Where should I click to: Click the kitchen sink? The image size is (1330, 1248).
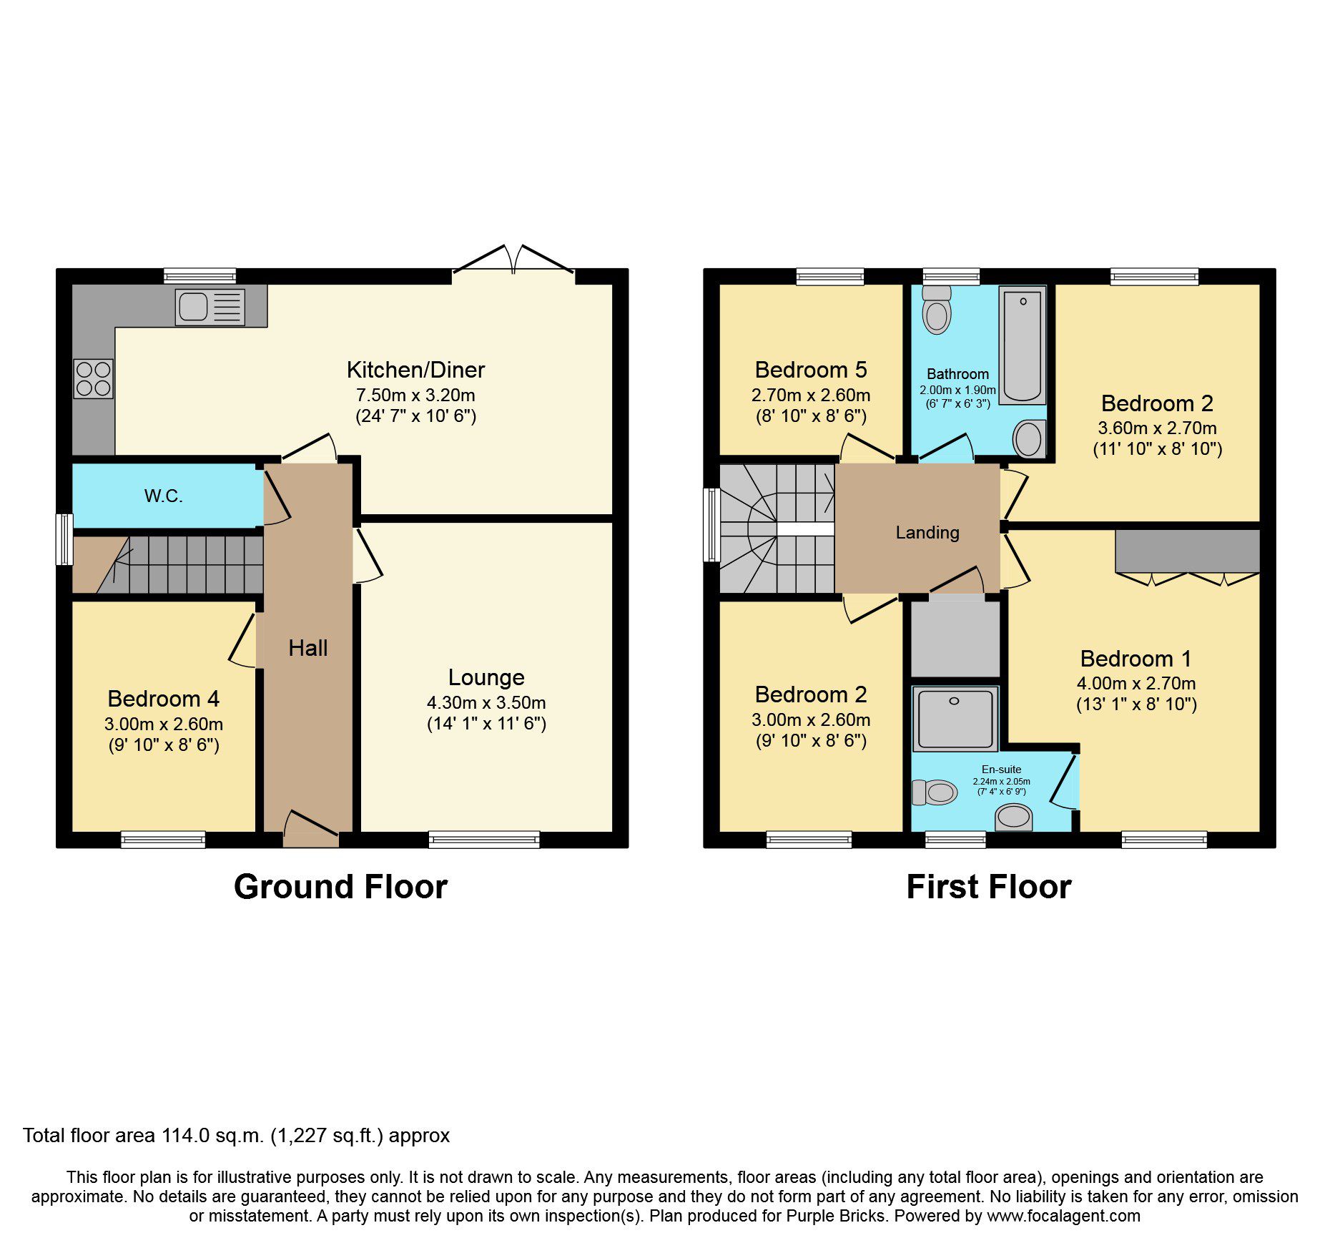pyautogui.click(x=210, y=307)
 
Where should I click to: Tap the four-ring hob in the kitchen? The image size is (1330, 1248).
pyautogui.click(x=93, y=378)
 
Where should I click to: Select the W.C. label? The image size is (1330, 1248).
pyautogui.click(x=164, y=496)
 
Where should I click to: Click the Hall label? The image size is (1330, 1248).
pyautogui.click(x=307, y=648)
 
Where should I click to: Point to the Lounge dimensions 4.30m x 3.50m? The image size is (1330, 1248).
pyautogui.click(x=486, y=702)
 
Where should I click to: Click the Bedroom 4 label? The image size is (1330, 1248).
pyautogui.click(x=163, y=698)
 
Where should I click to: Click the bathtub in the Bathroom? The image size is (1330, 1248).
pyautogui.click(x=1022, y=345)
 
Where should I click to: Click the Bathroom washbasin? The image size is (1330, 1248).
pyautogui.click(x=1028, y=438)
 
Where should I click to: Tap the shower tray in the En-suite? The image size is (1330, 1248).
pyautogui.click(x=955, y=718)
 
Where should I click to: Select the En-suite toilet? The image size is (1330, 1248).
pyautogui.click(x=935, y=792)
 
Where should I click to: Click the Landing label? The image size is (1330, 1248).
pyautogui.click(x=927, y=532)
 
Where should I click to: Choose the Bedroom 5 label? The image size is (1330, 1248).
pyautogui.click(x=810, y=370)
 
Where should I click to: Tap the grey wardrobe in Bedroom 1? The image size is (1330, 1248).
pyautogui.click(x=1187, y=551)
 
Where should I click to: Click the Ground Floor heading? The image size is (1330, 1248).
pyautogui.click(x=340, y=887)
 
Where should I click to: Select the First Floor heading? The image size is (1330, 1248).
pyautogui.click(x=988, y=887)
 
